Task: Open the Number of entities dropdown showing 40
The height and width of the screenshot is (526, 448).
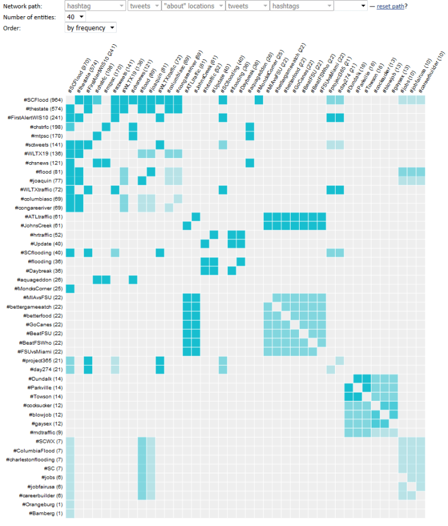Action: pyautogui.click(x=75, y=17)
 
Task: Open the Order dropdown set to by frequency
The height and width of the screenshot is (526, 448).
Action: pyautogui.click(x=90, y=28)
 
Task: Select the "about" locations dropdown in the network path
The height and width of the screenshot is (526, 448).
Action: pyautogui.click(x=193, y=6)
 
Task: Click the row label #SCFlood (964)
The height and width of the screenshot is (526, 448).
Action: pyautogui.click(x=43, y=100)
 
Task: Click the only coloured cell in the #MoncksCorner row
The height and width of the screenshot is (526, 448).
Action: pyautogui.click(x=70, y=289)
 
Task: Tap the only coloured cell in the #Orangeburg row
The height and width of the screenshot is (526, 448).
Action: pyautogui.click(x=70, y=504)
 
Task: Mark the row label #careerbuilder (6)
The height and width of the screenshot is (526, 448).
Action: pyautogui.click(x=41, y=495)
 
